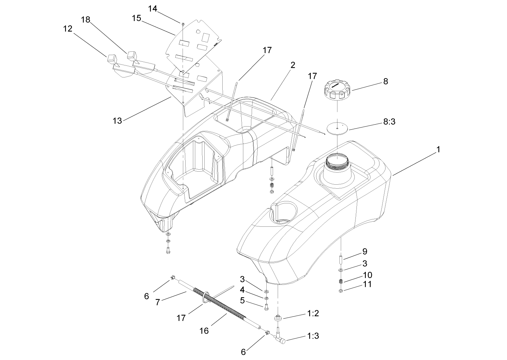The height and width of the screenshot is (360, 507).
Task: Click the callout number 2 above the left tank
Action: [x=292, y=65]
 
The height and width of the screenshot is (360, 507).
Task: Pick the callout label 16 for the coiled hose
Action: [x=204, y=331]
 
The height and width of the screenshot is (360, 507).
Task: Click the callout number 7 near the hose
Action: [x=158, y=302]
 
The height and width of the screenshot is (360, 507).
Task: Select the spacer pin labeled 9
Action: [x=341, y=259]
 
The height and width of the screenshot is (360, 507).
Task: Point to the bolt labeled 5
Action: [x=266, y=307]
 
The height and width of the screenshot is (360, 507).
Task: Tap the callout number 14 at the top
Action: [x=153, y=9]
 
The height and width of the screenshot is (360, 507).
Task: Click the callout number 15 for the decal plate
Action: [x=137, y=18]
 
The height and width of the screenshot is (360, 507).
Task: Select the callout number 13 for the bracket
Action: [x=117, y=120]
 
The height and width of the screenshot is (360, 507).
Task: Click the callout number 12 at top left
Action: [x=68, y=29]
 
